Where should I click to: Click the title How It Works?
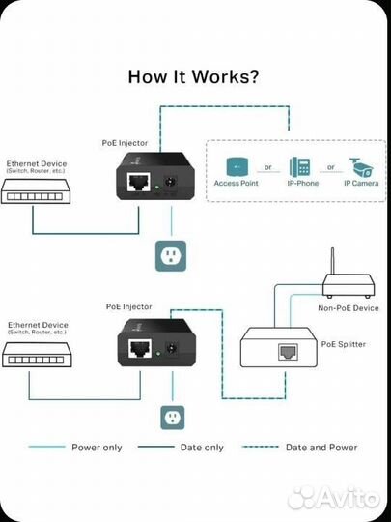pos(194,77)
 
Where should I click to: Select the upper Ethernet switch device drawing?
pos(34,196)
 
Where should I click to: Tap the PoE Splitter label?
pos(345,342)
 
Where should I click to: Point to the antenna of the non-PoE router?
pos(331,262)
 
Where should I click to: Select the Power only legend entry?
pos(96,448)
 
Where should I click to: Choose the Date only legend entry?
pos(201,448)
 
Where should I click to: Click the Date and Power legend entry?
pos(321,448)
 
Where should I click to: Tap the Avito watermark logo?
pos(334,497)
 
